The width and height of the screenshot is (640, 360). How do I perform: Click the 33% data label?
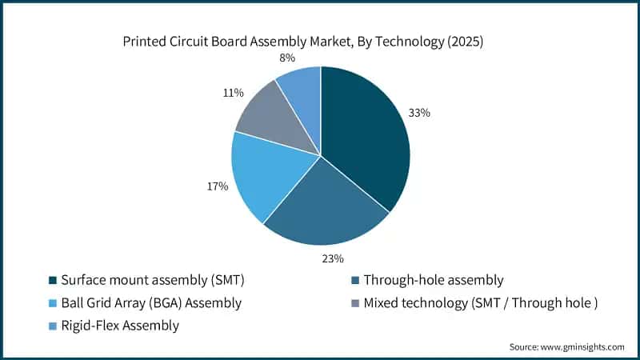coord(419,113)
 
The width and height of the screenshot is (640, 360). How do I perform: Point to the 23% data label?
coord(333,258)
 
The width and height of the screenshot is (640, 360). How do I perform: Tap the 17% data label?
coord(218,186)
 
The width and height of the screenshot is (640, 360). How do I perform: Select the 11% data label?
coord(233,93)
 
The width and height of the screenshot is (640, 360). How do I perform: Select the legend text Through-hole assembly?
coord(433,280)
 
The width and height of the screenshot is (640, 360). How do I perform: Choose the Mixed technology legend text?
coord(480,303)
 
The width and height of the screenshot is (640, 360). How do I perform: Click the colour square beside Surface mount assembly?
coord(52,281)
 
